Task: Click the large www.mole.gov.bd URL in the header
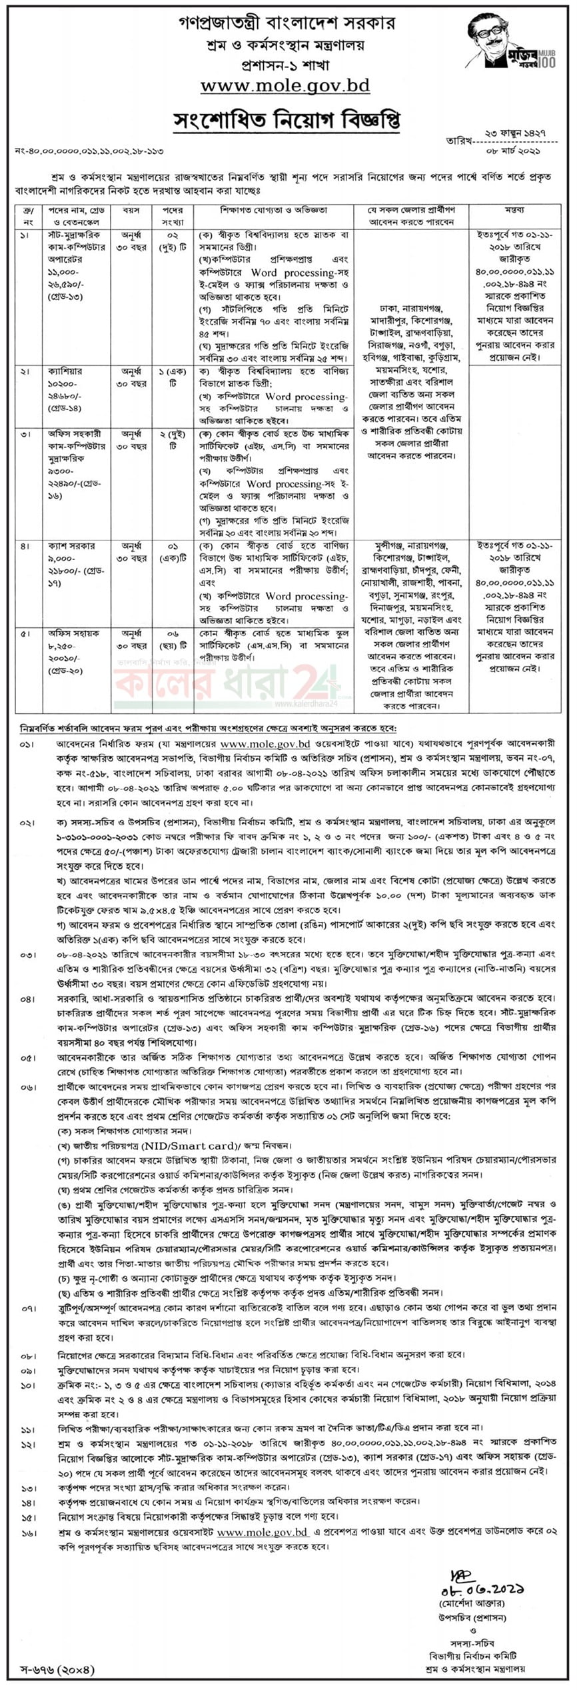click(285, 86)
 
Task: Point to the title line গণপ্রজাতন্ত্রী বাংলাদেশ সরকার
click(287, 24)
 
